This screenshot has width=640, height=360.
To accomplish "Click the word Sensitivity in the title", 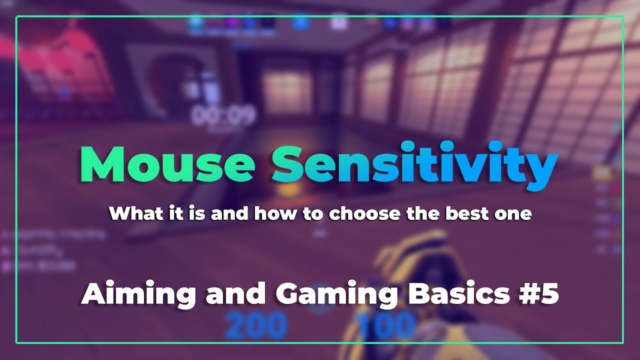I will pyautogui.click(x=414, y=163).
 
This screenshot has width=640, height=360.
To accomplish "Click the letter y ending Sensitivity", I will pyautogui.click(x=542, y=167).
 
